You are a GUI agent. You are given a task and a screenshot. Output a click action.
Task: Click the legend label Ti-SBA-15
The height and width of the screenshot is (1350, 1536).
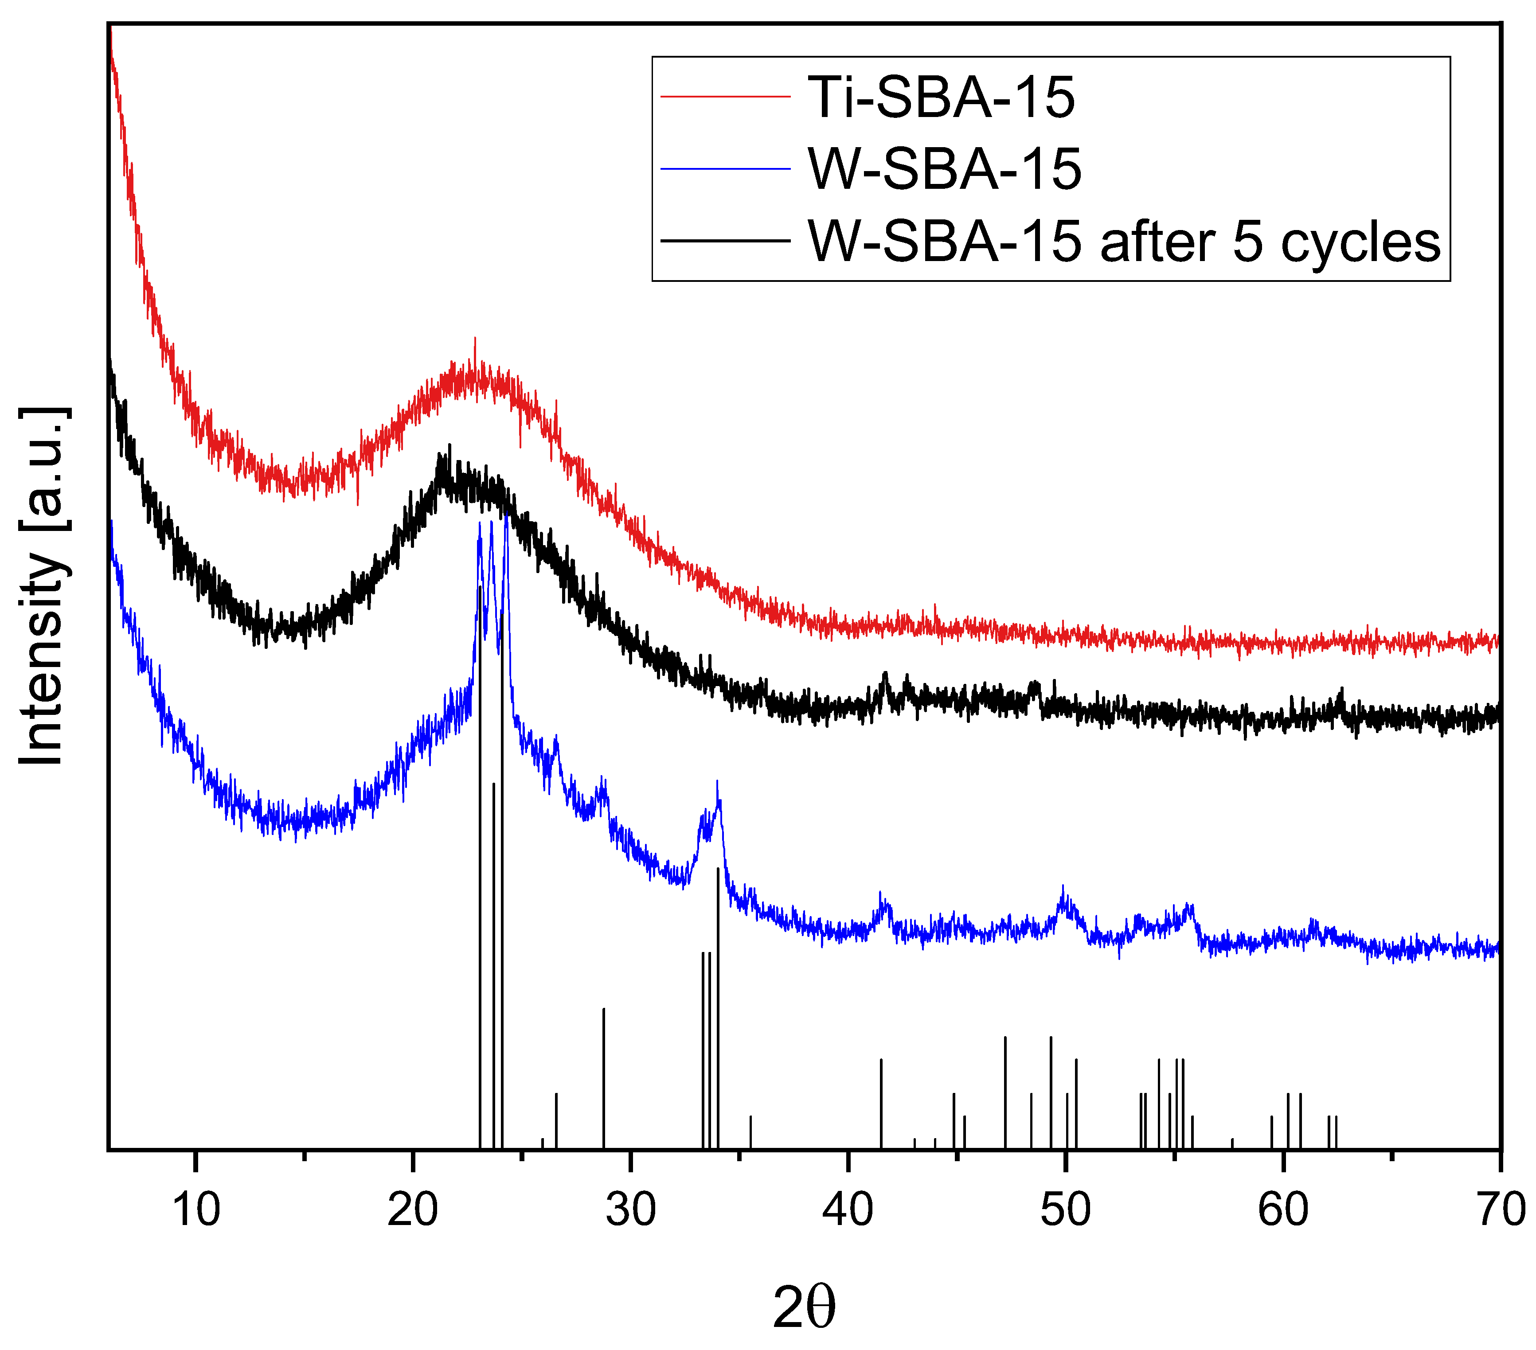point(941,98)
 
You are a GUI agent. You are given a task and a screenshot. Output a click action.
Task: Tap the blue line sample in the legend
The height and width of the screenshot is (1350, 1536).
point(725,169)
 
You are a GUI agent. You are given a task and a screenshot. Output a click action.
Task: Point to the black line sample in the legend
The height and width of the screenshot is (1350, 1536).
point(725,241)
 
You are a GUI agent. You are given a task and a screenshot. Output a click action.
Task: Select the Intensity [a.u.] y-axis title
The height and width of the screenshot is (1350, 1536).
point(43,586)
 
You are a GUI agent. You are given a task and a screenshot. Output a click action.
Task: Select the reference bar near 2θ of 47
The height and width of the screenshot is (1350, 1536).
point(1005,1093)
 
